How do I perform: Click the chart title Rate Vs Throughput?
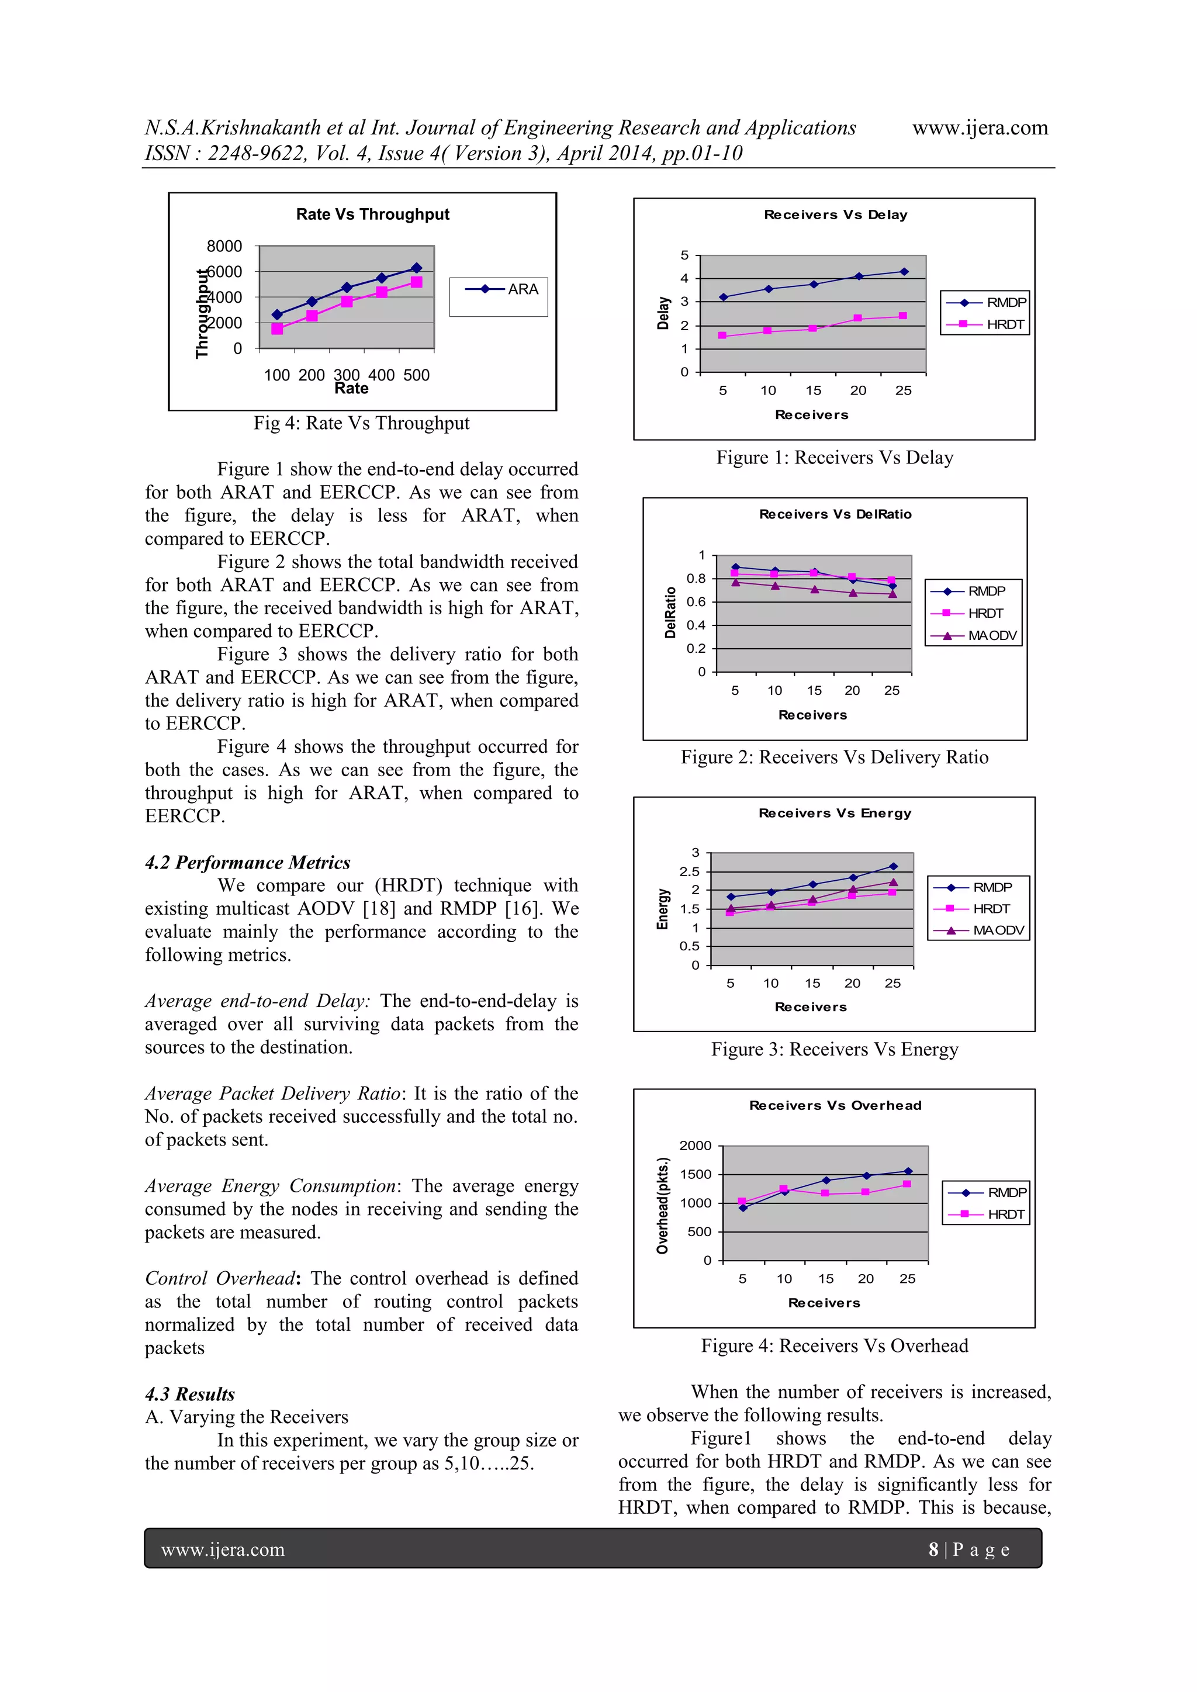(372, 214)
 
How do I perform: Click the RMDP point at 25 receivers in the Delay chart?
(904, 272)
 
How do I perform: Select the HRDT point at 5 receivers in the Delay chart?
(722, 335)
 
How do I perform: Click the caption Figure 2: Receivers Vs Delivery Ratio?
(835, 757)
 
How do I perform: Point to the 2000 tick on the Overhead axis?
(695, 1146)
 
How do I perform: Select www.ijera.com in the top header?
(980, 127)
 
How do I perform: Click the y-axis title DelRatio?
(670, 613)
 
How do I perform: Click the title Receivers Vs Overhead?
(835, 1105)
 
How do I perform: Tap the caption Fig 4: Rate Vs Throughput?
(361, 423)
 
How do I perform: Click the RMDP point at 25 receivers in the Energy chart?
(893, 867)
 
